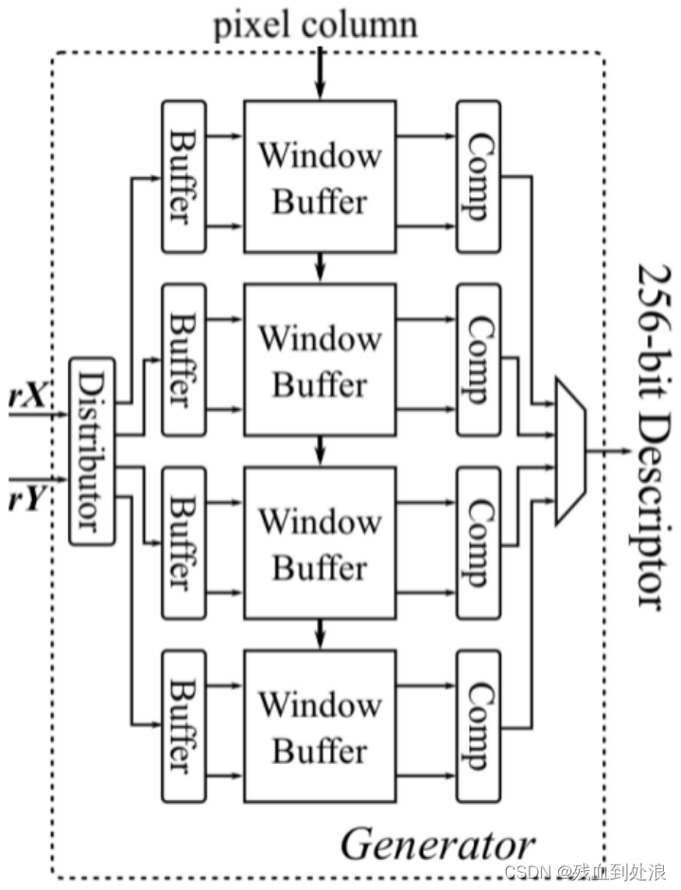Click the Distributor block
(x=92, y=452)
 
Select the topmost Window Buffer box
(x=319, y=177)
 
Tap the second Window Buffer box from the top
(x=319, y=360)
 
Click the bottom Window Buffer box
(x=319, y=726)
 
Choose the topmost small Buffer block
(x=183, y=176)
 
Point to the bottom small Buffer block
(x=183, y=726)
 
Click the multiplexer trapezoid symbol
(x=570, y=451)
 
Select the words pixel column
(x=316, y=23)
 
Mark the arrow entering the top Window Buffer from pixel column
(x=320, y=76)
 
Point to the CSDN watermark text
(x=586, y=871)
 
